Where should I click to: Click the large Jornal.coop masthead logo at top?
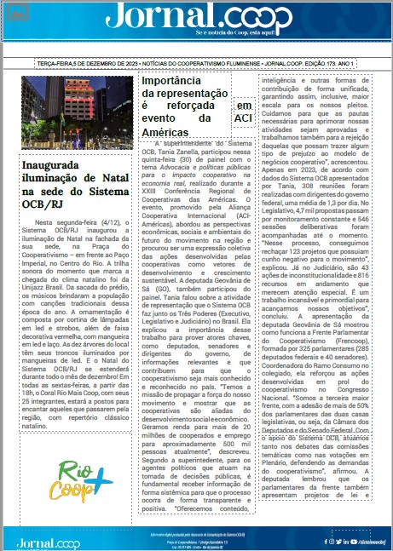tap(195, 18)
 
